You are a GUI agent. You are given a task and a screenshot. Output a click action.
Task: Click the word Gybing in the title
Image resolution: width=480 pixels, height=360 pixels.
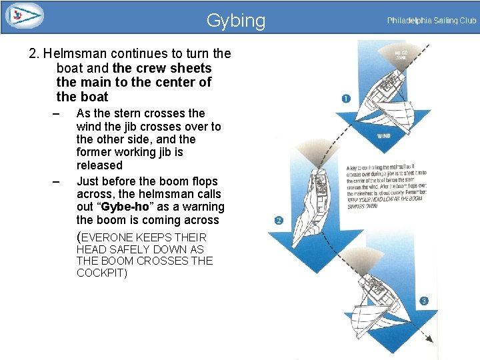click(x=235, y=21)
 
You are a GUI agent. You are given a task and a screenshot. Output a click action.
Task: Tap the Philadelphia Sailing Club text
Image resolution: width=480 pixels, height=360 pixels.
click(x=431, y=21)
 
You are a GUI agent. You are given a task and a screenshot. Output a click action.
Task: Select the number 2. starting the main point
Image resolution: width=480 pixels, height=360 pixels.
click(x=35, y=53)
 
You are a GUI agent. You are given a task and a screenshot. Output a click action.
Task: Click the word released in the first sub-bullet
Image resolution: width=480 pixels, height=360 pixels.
click(x=99, y=165)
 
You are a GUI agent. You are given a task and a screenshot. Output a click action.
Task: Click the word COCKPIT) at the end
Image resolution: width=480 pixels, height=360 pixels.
click(x=102, y=273)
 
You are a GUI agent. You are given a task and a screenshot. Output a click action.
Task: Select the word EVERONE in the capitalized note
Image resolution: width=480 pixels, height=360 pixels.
click(x=107, y=237)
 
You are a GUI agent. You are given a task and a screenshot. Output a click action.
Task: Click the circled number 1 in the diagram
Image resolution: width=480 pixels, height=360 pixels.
click(x=346, y=99)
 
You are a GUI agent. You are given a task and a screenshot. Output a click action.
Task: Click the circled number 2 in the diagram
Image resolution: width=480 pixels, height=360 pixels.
click(x=278, y=221)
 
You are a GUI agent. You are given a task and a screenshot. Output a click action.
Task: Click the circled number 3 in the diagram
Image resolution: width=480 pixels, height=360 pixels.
click(x=424, y=301)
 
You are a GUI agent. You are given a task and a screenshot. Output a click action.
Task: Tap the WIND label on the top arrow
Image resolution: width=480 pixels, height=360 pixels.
click(x=384, y=135)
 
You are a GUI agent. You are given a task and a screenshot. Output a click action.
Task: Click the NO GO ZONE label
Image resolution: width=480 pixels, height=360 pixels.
click(x=401, y=55)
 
